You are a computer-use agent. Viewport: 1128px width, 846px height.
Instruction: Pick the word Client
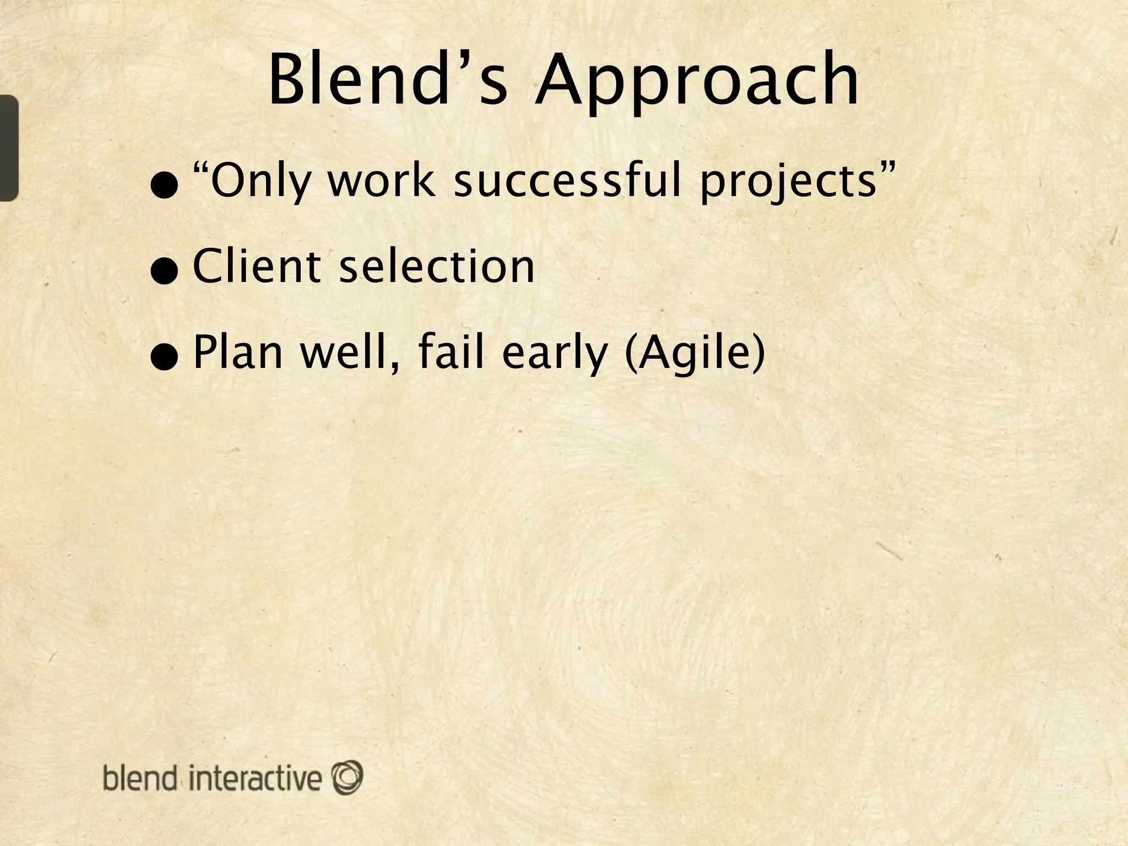pyautogui.click(x=257, y=267)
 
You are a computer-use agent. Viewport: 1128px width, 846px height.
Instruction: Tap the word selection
pyautogui.click(x=437, y=267)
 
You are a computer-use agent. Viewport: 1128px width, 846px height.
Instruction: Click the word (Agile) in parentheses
pyautogui.click(x=696, y=354)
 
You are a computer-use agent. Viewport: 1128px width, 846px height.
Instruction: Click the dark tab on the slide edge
pyautogui.click(x=9, y=148)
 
